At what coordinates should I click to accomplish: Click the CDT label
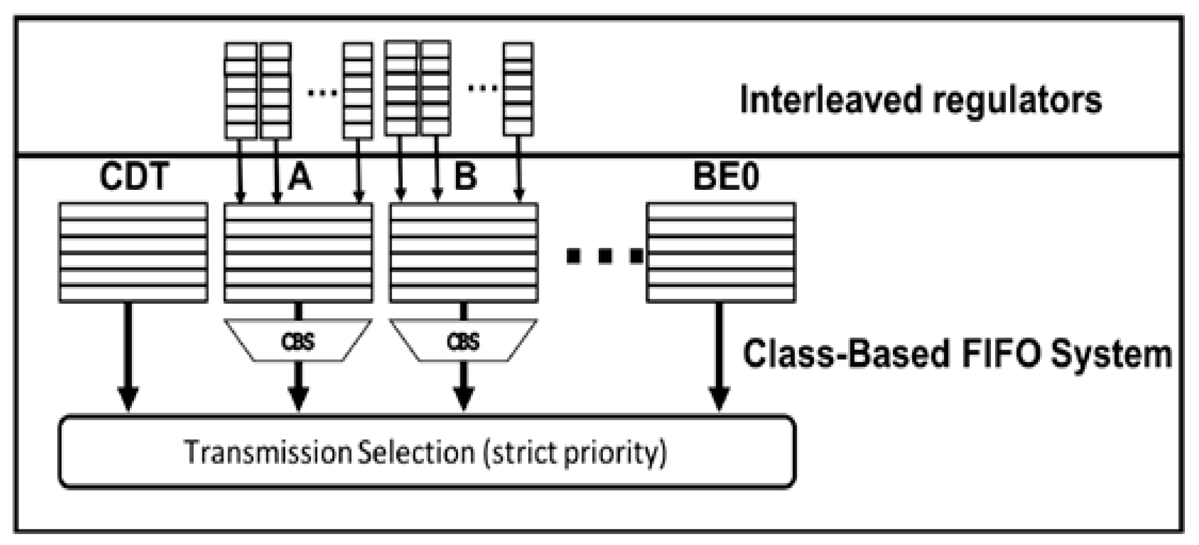tap(134, 176)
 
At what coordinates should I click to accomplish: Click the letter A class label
tap(300, 176)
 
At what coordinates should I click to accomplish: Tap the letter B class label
tap(465, 176)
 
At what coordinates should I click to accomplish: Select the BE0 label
tap(725, 176)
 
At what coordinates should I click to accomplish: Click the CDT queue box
tap(134, 252)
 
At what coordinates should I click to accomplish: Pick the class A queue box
tap(298, 252)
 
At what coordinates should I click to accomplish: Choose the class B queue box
tap(464, 252)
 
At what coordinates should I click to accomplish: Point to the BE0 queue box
tap(721, 252)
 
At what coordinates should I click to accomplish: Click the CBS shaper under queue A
tap(298, 341)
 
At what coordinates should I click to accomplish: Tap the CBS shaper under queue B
tap(463, 341)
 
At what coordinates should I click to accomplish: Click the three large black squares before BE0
tap(605, 256)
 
